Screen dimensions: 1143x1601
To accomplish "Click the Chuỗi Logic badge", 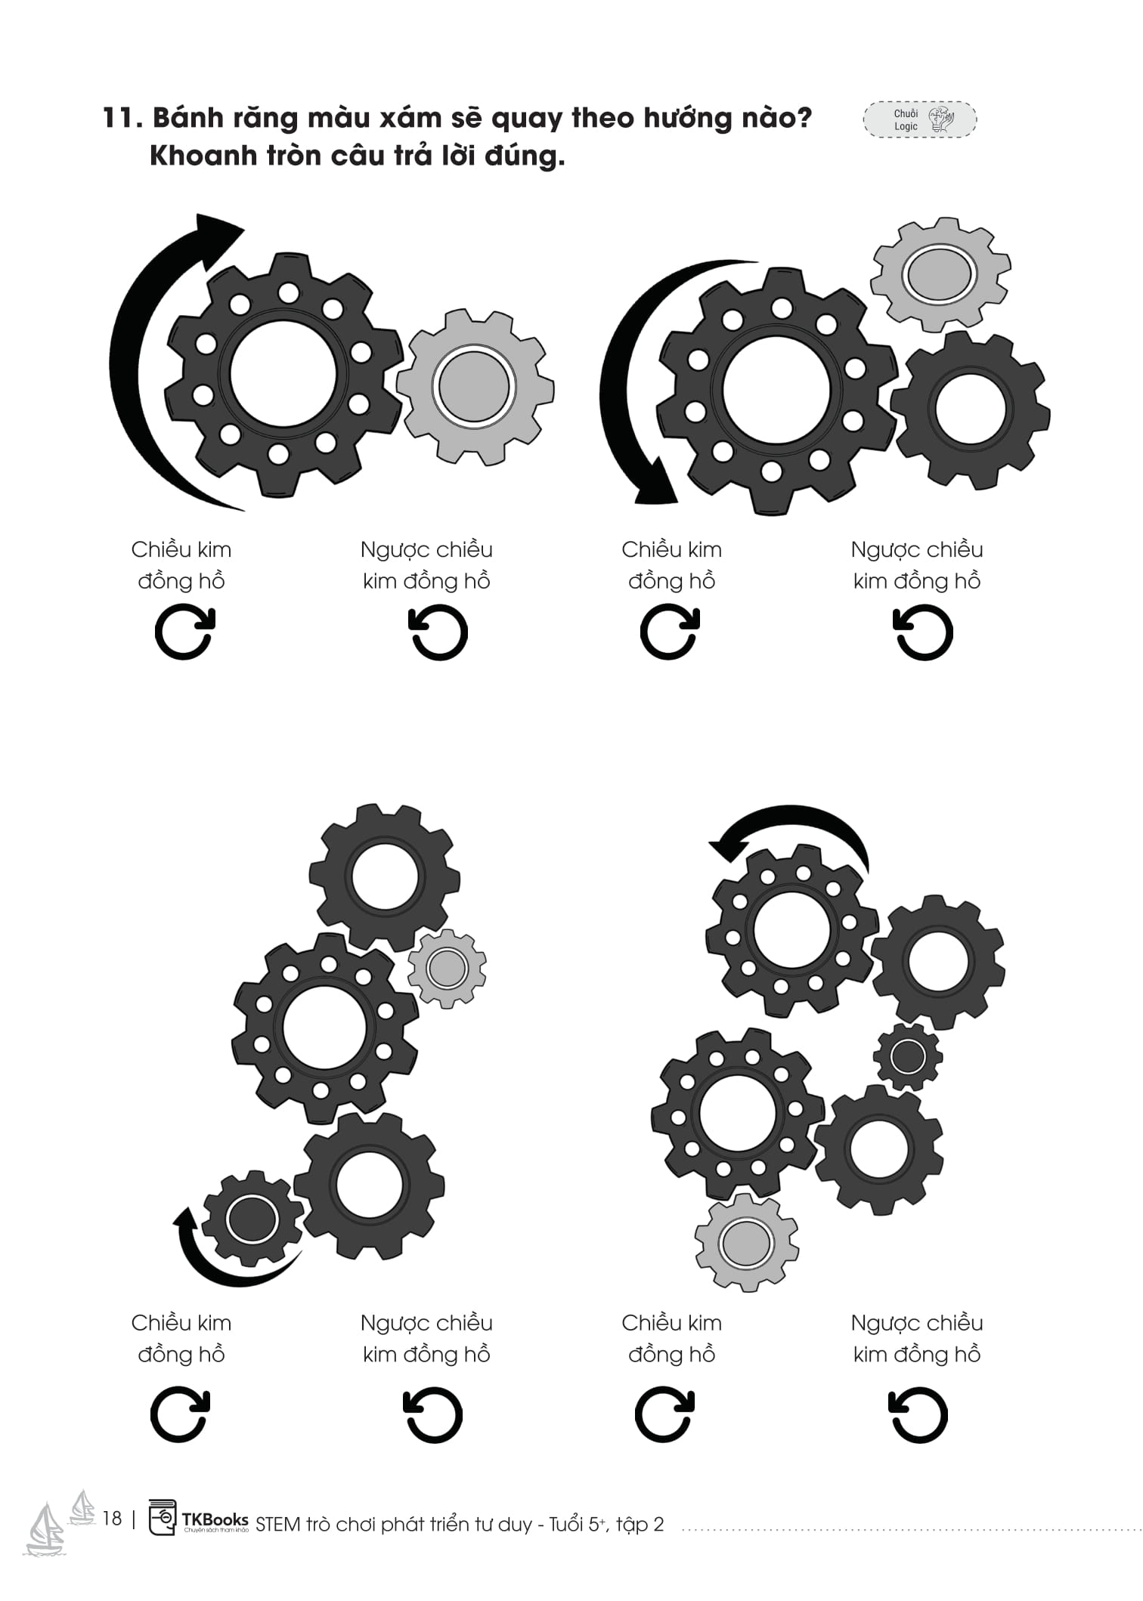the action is pos(920,119).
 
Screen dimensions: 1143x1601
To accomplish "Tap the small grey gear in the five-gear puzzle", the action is pos(447,968).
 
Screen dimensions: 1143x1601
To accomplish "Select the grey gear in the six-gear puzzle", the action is pos(746,1243).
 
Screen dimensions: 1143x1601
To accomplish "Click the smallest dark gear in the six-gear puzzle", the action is pos(908,1056).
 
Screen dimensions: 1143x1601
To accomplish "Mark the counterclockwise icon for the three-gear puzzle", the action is pos(922,632).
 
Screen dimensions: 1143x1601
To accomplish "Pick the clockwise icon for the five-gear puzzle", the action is pos(180,1414).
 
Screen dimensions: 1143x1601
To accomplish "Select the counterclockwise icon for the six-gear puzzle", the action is pos(917,1414).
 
